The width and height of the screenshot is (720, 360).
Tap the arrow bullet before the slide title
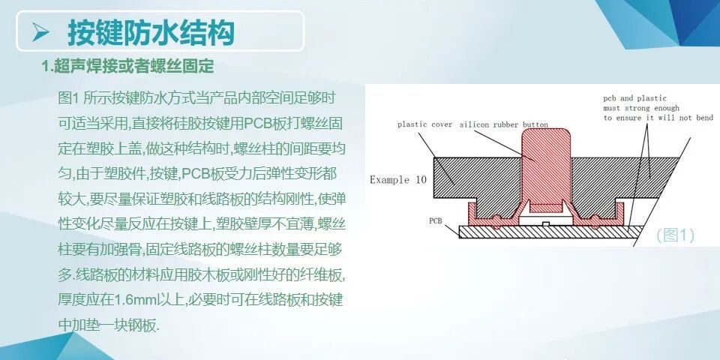click(41, 32)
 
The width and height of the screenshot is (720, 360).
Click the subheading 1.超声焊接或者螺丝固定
click(128, 67)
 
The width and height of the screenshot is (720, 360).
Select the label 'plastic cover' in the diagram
click(424, 124)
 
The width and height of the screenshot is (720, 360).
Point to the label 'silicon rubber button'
click(503, 124)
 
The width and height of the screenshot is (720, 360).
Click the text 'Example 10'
click(400, 180)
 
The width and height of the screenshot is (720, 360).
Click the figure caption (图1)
click(675, 235)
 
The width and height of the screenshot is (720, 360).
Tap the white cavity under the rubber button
click(547, 218)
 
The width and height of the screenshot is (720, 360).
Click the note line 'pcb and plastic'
click(633, 98)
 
